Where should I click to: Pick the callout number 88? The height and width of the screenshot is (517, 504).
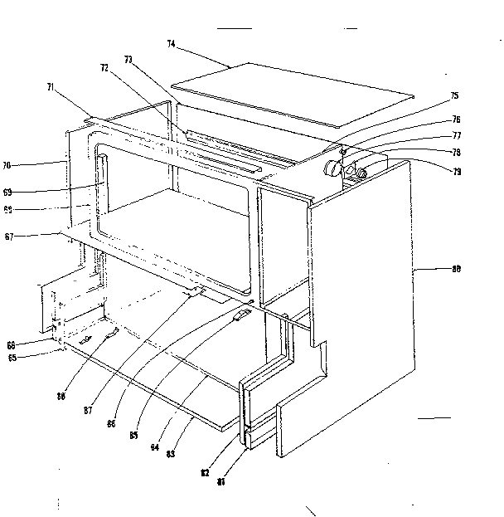pyautogui.click(x=61, y=397)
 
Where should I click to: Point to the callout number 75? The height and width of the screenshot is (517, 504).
pyautogui.click(x=454, y=96)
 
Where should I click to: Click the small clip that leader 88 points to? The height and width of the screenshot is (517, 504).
pyautogui.click(x=112, y=333)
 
